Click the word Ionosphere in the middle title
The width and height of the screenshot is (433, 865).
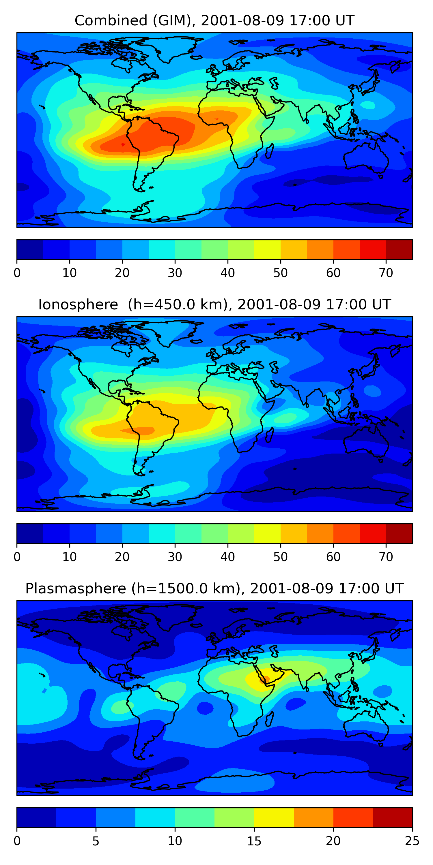coord(78,304)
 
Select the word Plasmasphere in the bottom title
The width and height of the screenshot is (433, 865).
coord(76,589)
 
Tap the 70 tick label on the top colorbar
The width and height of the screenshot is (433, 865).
coord(386,273)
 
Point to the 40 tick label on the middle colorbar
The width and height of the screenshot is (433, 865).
coord(227,557)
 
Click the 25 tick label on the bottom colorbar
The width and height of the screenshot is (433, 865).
coord(412,841)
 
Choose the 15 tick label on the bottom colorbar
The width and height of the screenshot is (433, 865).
coord(254,841)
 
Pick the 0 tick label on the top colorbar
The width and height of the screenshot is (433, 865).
coord(17,273)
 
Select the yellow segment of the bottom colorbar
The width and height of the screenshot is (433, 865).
coord(274,817)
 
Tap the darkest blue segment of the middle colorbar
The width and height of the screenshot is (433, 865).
coord(30,533)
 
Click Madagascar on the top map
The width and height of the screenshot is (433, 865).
coord(270,151)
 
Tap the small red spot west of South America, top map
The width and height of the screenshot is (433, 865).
coord(123,145)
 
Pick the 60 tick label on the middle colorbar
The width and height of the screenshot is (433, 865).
coord(333,557)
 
